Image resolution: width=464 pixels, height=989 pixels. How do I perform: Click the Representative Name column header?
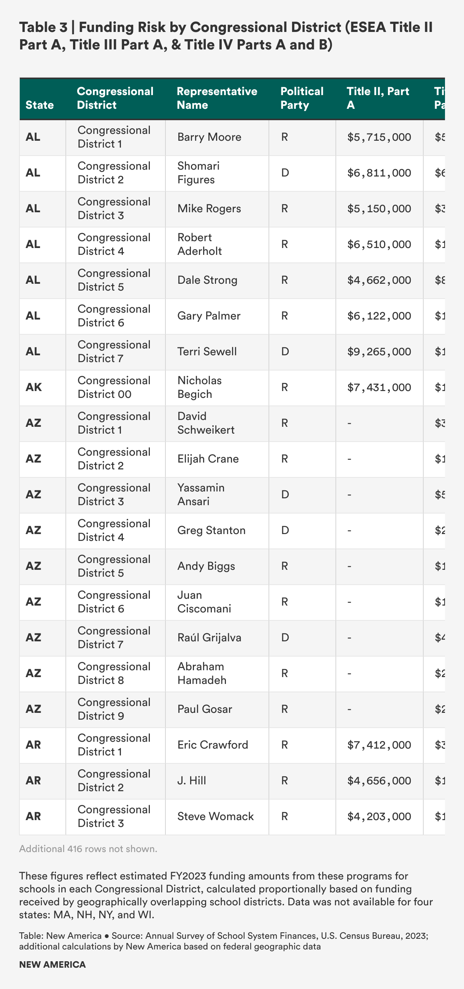click(x=217, y=98)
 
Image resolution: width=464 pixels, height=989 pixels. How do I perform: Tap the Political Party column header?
click(x=302, y=98)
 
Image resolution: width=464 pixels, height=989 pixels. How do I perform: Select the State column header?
click(x=40, y=105)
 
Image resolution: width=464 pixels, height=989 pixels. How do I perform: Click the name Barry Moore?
click(x=209, y=137)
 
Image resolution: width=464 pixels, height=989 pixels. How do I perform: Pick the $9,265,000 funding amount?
click(x=379, y=352)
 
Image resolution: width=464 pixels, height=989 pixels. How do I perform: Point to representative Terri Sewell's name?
click(x=207, y=352)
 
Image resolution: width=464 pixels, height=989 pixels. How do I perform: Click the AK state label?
click(x=33, y=387)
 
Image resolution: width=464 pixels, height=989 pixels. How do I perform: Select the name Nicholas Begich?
click(x=199, y=387)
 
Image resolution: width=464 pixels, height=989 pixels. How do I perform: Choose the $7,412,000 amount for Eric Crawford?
click(x=379, y=745)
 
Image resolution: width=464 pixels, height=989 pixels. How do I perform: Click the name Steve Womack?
click(x=215, y=816)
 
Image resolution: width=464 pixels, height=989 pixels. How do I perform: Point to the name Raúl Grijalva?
click(x=209, y=638)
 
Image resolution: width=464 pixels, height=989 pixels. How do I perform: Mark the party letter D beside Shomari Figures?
click(x=285, y=173)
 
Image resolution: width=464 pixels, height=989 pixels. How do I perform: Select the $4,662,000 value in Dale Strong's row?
click(x=379, y=280)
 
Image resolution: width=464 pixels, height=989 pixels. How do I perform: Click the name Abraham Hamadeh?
click(x=202, y=673)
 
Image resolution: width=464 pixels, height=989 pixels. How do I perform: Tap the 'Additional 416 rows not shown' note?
click(x=88, y=849)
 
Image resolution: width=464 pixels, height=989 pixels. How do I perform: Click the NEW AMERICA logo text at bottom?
click(x=52, y=965)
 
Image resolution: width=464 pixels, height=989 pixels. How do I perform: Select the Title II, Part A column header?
click(x=378, y=98)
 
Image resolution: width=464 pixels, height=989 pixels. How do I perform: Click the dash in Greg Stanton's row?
click(x=349, y=530)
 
